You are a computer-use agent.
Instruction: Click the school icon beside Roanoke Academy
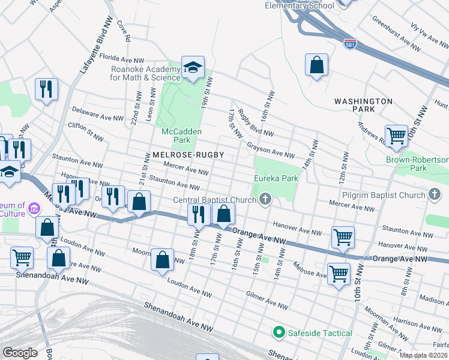click(x=193, y=68)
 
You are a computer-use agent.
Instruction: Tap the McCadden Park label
click(x=181, y=136)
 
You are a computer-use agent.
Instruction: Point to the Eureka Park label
click(x=276, y=179)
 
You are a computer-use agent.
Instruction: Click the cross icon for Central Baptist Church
click(x=265, y=199)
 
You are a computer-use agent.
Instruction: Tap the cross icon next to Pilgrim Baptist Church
click(x=435, y=194)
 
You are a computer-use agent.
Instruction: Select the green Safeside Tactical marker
click(x=279, y=332)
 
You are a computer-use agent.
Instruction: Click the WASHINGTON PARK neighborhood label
click(x=363, y=106)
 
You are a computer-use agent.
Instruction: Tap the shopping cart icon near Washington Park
click(x=396, y=136)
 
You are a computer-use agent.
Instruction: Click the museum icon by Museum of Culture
click(x=34, y=209)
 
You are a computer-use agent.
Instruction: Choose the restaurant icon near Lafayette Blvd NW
click(x=46, y=89)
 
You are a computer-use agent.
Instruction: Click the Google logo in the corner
click(x=20, y=353)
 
